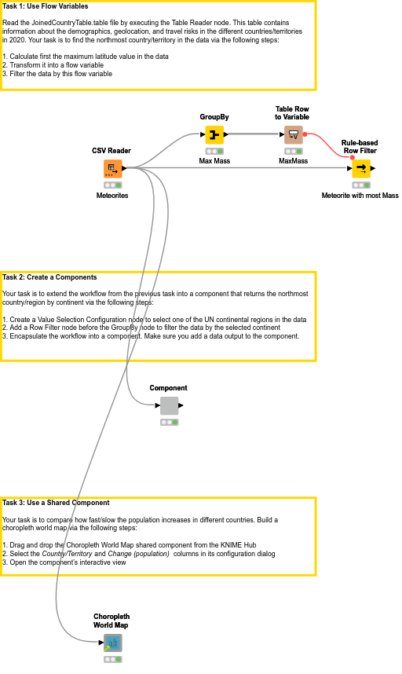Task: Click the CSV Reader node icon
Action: tap(111, 168)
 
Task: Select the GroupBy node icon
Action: tap(214, 134)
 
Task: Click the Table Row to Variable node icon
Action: tap(293, 134)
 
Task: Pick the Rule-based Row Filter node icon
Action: tap(360, 168)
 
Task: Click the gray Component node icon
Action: tap(169, 405)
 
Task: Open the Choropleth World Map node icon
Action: tap(112, 643)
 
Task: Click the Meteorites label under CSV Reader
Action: tap(111, 195)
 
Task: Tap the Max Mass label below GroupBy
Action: tap(214, 161)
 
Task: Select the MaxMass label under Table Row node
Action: tap(293, 161)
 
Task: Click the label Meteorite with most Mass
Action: tap(360, 195)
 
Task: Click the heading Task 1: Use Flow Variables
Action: tap(46, 6)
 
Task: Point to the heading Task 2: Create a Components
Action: tap(49, 277)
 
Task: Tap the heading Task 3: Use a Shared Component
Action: tap(56, 503)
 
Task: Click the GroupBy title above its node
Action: tap(214, 117)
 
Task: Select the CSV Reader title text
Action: tap(111, 151)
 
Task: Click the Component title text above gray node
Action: tap(169, 388)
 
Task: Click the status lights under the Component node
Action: tap(169, 422)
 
